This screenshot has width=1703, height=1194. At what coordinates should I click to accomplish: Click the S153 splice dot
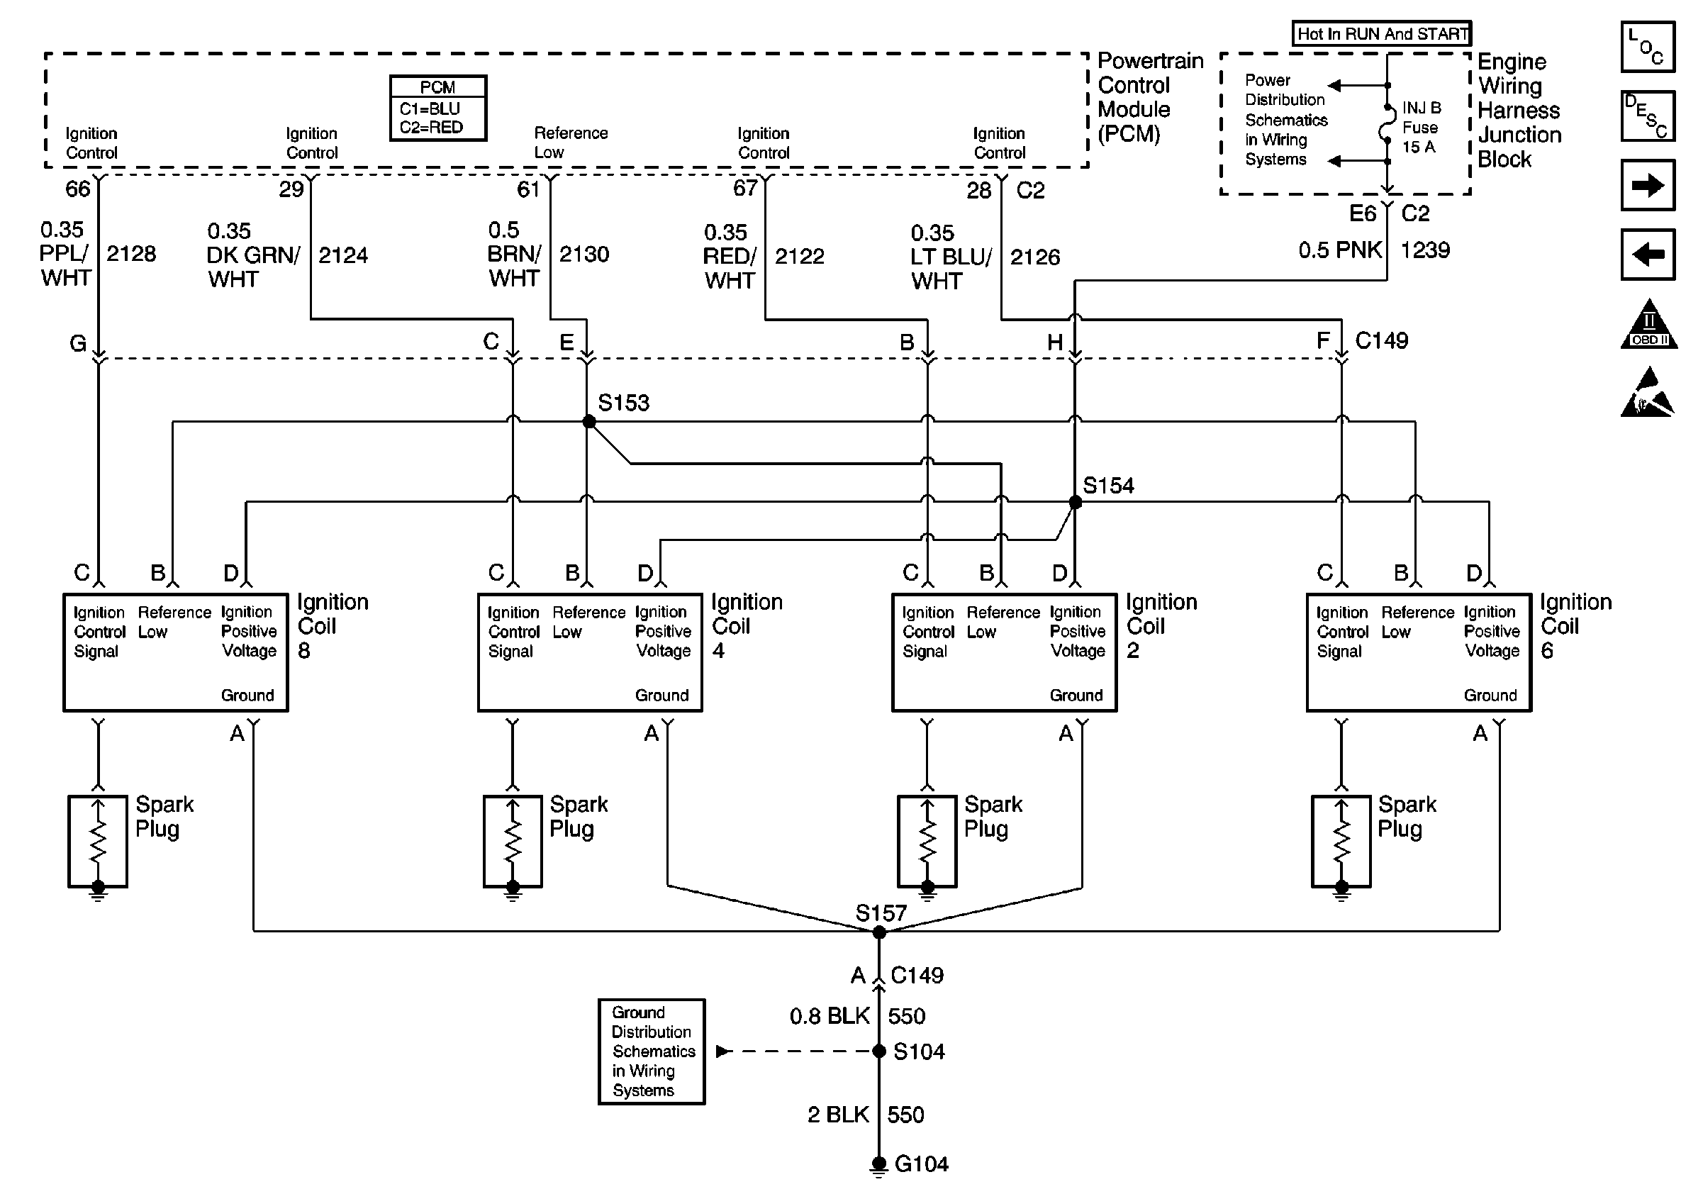589,422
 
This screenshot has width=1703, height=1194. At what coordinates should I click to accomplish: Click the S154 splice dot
1075,502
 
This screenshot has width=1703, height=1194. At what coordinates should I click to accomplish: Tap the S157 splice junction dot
879,932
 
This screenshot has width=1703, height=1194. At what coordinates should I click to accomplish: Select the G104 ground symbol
879,1166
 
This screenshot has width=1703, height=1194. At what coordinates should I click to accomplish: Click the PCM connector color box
437,108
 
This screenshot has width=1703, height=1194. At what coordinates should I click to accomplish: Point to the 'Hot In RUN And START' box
1381,34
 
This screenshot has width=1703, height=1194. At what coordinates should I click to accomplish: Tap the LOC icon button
1648,48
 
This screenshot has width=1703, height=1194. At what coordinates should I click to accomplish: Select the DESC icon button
1648,116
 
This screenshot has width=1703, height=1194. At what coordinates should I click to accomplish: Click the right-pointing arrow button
1648,184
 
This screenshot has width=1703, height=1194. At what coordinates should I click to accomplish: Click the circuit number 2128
131,254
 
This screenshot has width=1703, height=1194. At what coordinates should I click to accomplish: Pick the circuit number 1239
1425,250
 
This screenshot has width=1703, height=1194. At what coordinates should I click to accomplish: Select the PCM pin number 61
528,190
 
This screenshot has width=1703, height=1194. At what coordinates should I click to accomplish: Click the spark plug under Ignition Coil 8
98,841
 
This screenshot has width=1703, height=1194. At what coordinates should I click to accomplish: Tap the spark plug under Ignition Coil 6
1341,841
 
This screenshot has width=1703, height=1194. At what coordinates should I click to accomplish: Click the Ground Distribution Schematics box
652,1051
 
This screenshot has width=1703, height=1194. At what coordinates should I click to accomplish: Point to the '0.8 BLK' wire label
830,1016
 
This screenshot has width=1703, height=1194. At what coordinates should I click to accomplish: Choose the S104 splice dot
879,1051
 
